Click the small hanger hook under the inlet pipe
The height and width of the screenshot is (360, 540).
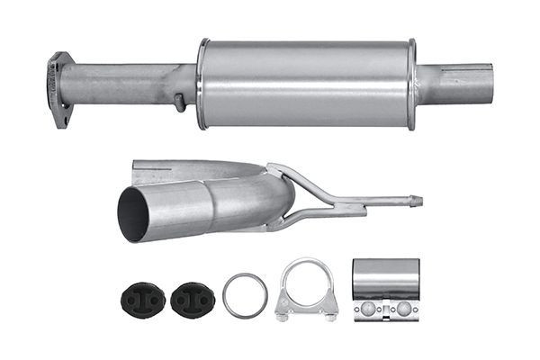click(x=180, y=103)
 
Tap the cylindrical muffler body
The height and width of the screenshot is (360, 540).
click(x=306, y=83)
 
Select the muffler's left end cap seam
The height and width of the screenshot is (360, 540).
click(x=202, y=84)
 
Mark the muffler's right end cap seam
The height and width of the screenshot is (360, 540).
click(x=412, y=84)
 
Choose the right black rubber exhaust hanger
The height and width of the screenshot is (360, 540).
click(x=190, y=297)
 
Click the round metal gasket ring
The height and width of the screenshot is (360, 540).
click(x=245, y=295)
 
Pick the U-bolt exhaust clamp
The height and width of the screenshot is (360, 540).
click(x=307, y=288)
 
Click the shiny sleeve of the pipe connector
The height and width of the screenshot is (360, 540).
click(x=386, y=279)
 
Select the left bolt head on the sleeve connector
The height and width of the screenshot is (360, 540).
click(x=368, y=309)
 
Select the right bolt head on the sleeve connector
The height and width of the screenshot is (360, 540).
click(x=404, y=309)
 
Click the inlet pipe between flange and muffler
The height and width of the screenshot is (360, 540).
click(x=126, y=84)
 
